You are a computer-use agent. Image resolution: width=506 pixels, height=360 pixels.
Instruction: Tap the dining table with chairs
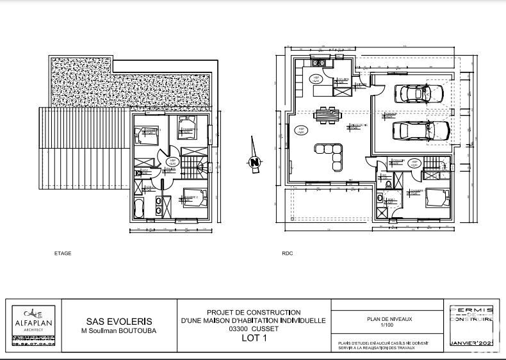[x=329, y=116]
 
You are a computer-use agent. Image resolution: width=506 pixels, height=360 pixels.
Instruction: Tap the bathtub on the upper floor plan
[x=140, y=206]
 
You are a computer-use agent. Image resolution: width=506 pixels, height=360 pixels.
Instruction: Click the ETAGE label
[x=63, y=254]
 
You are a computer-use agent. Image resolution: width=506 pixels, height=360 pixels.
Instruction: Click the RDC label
[x=287, y=254]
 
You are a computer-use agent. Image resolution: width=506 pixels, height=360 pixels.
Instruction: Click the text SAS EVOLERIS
[x=119, y=322]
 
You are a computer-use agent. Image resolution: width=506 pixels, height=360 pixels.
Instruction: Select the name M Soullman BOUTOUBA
[x=119, y=331]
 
